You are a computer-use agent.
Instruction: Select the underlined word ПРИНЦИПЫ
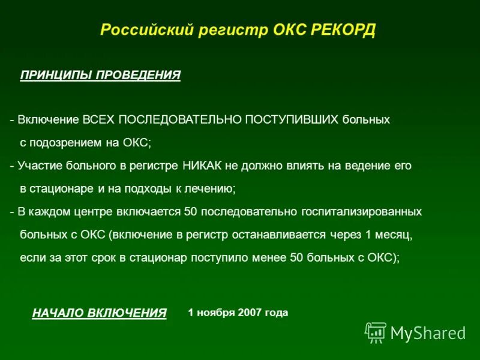click(x=56, y=75)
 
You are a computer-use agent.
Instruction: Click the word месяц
click(x=394, y=235)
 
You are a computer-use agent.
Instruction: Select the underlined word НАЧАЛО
click(x=58, y=313)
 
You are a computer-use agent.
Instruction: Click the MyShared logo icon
click(x=375, y=332)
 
